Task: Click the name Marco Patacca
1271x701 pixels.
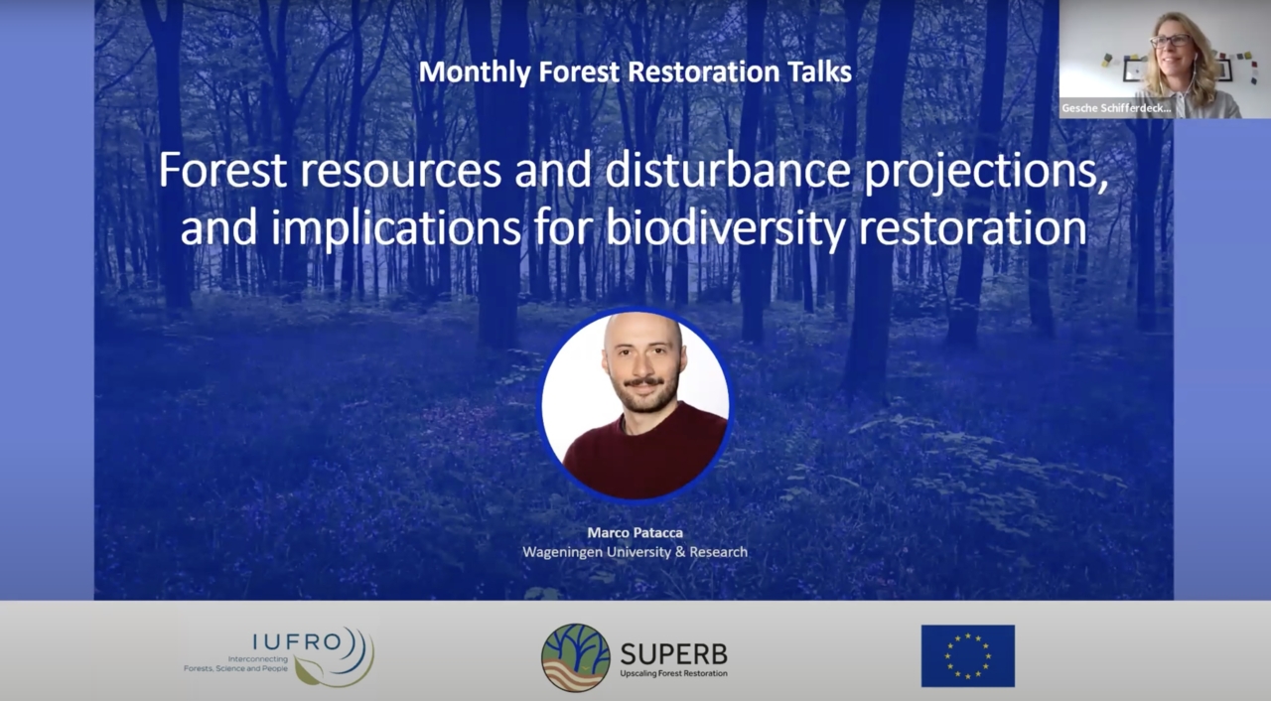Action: coord(635,532)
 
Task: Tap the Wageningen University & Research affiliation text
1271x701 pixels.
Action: coord(635,551)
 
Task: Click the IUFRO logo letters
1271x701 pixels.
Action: coord(282,640)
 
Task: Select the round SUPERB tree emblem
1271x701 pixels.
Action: coord(575,656)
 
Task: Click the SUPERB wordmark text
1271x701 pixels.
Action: coord(673,652)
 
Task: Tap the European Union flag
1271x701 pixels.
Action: coord(967,655)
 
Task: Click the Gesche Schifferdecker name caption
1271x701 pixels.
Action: coord(1116,108)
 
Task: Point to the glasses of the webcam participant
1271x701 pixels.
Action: coord(1170,41)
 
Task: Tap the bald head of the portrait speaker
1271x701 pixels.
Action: coord(641,333)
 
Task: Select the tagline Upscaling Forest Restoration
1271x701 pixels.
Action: coord(673,673)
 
